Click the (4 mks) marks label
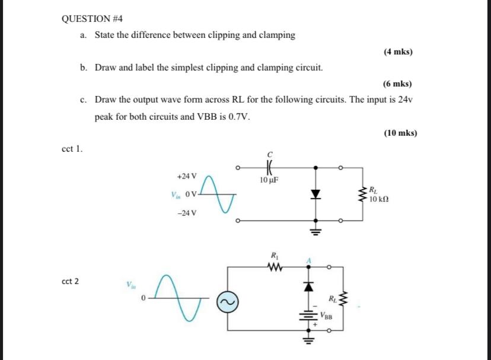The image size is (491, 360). pyautogui.click(x=398, y=52)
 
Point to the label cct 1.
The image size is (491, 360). pyautogui.click(x=72, y=149)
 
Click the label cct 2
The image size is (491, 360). pyautogui.click(x=72, y=281)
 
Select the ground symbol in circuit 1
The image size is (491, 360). pyautogui.click(x=315, y=232)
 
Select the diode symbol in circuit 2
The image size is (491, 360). pyautogui.click(x=309, y=286)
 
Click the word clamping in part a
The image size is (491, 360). pyautogui.click(x=274, y=35)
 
